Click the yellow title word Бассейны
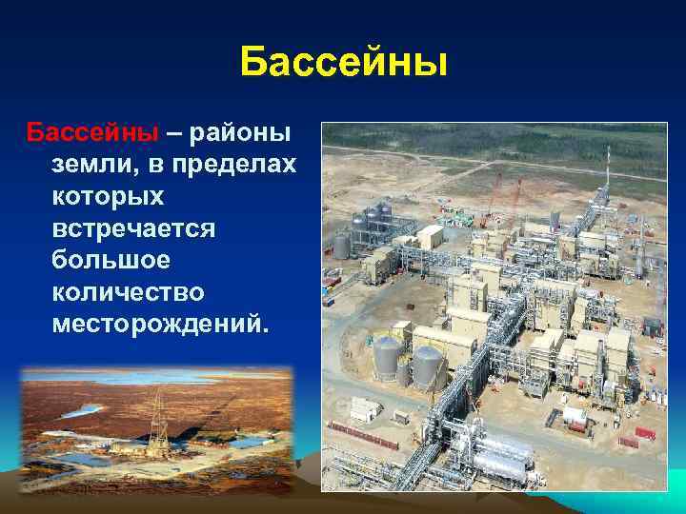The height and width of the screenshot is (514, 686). coord(343,63)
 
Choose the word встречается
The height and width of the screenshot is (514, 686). coord(135,228)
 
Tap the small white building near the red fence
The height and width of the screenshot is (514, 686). coord(365,407)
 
